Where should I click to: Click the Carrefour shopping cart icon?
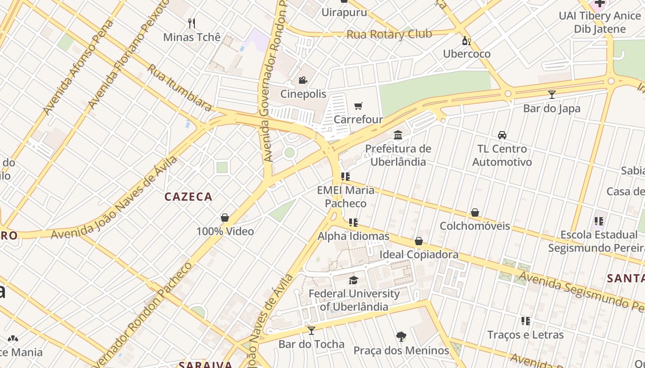tap(358, 106)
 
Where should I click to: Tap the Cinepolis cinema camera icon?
tap(303, 80)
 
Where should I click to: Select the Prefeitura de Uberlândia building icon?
tap(398, 135)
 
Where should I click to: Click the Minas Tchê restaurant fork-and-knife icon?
tap(192, 23)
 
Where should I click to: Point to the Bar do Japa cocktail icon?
tap(551, 95)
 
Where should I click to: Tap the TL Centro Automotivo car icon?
tap(502, 135)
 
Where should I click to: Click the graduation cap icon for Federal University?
tap(353, 280)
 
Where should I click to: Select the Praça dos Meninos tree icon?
tap(401, 337)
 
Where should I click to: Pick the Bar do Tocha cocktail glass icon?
tap(311, 330)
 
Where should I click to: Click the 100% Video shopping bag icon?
tap(225, 218)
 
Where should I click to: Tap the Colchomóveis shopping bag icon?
tap(475, 213)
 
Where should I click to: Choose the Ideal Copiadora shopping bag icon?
tap(419, 241)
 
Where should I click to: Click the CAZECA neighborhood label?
tap(188, 197)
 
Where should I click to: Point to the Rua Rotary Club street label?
tap(389, 34)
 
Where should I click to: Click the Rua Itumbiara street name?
tap(179, 87)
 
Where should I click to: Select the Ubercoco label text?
tap(467, 54)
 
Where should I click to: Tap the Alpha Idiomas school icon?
tap(353, 223)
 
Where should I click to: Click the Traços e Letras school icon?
tap(525, 321)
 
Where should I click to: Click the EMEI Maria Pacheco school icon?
tap(345, 177)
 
